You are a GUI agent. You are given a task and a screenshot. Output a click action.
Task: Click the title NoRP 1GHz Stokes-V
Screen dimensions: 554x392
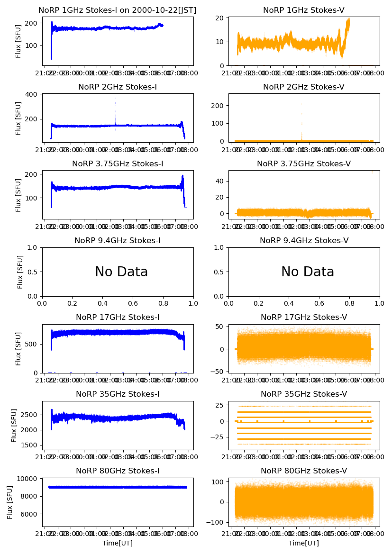(x=304, y=10)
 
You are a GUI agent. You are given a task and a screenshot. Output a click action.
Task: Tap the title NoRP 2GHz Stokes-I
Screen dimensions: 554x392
(x=118, y=87)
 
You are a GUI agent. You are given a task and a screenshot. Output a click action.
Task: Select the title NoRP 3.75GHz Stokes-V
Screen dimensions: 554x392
(x=304, y=164)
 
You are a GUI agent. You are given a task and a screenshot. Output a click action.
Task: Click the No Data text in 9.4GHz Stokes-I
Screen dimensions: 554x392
(x=121, y=272)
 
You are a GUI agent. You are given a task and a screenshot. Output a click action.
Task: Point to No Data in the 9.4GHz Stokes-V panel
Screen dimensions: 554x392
(x=308, y=272)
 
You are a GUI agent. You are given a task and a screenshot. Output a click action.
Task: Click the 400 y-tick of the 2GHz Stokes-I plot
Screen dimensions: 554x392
(x=33, y=94)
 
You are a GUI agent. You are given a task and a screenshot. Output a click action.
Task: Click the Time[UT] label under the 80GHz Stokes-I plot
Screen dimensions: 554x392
(x=118, y=543)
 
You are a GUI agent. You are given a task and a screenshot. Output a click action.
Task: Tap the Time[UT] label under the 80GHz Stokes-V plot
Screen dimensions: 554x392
(x=304, y=543)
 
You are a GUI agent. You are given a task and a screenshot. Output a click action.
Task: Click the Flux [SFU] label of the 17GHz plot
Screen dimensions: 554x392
(x=18, y=348)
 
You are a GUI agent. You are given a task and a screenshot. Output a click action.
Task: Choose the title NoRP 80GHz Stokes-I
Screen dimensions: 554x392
(x=118, y=471)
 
